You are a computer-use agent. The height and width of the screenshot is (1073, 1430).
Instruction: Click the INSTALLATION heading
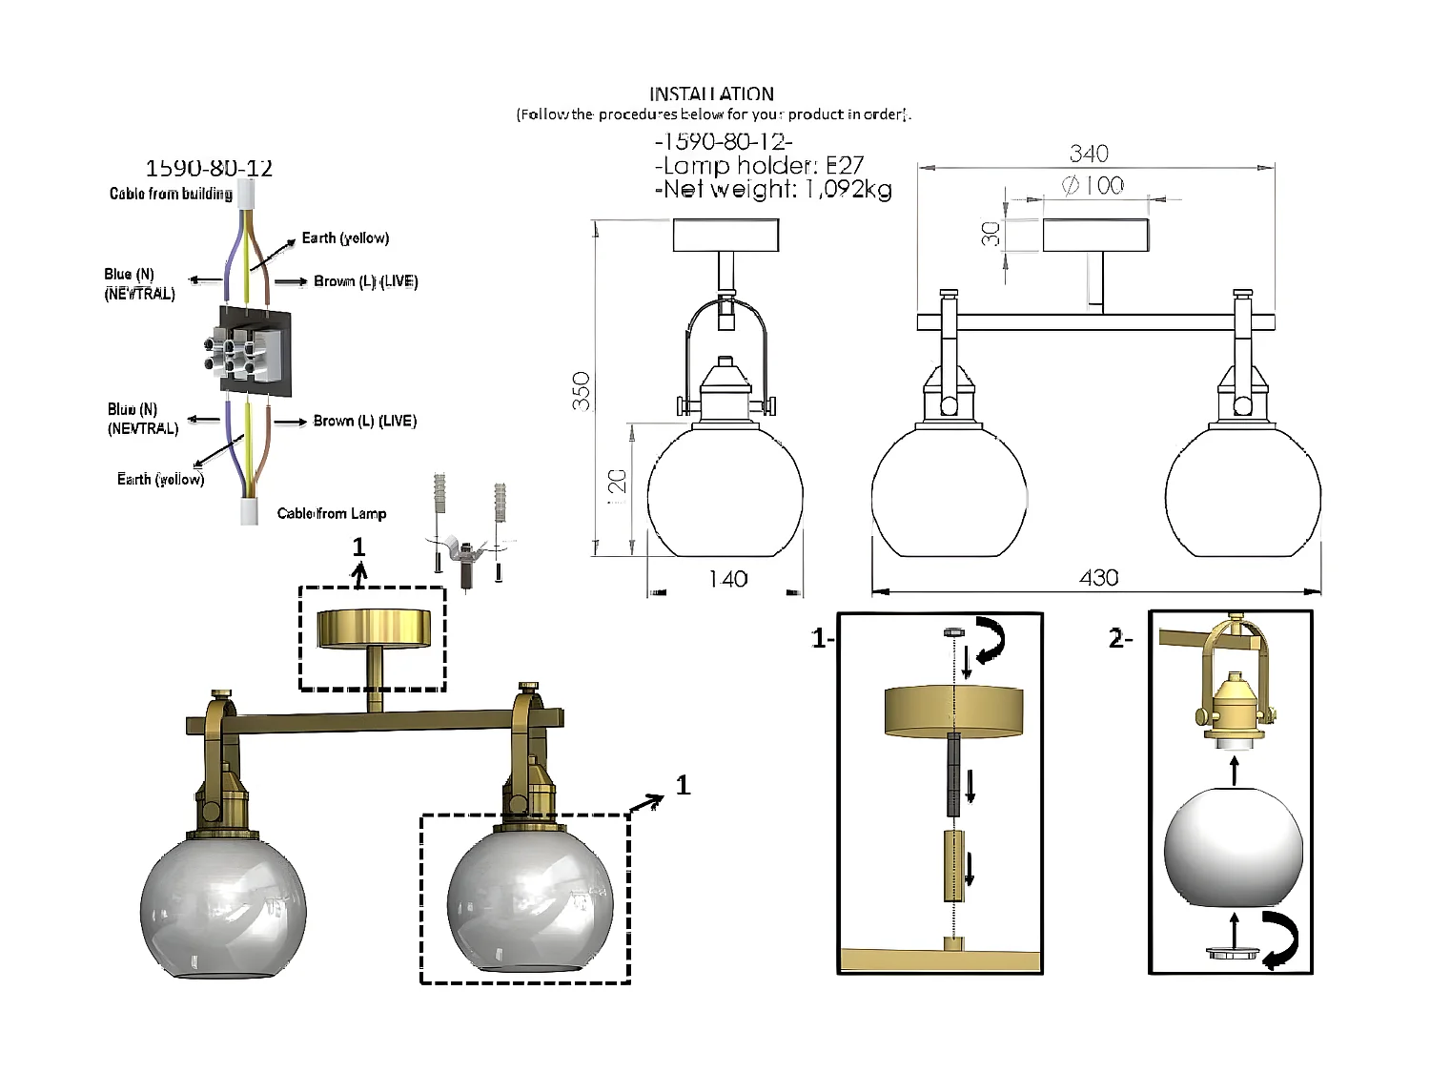coord(711,93)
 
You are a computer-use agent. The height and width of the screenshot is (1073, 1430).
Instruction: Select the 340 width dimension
coord(1089,154)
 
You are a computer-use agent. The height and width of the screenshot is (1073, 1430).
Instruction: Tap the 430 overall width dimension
coord(1098,577)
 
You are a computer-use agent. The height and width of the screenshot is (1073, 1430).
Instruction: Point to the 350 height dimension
coord(582,391)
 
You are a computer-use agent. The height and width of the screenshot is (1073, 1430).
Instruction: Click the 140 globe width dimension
coord(727,579)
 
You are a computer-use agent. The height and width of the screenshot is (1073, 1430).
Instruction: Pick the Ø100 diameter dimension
coord(1093,185)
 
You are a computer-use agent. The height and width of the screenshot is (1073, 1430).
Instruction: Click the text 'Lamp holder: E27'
coord(760,165)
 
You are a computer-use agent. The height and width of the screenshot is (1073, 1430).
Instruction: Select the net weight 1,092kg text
coord(773,189)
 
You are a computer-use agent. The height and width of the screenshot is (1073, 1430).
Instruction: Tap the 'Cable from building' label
coord(171,194)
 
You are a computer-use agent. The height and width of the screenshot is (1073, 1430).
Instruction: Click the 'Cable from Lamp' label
coord(332,513)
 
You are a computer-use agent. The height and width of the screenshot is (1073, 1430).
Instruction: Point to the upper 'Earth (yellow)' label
coord(345,237)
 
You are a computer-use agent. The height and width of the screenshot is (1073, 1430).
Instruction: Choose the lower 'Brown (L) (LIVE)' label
coord(364,421)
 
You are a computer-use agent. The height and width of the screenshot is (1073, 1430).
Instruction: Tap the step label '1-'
coord(822,638)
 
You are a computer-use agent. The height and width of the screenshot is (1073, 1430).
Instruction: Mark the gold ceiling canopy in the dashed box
coord(373,629)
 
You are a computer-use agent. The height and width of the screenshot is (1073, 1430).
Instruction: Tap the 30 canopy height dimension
coord(991,234)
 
